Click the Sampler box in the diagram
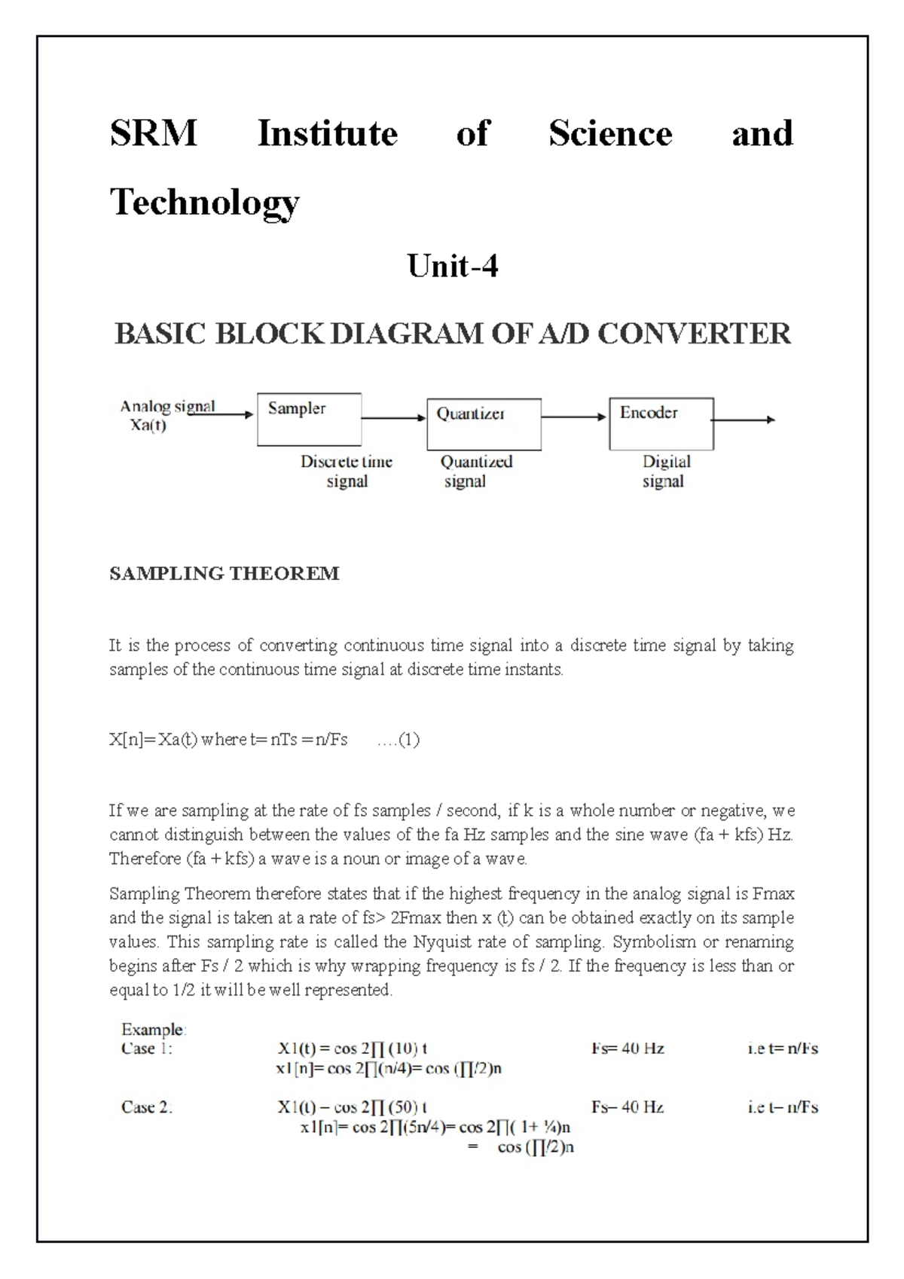[x=309, y=419]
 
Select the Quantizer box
[x=484, y=424]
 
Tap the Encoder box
[x=661, y=423]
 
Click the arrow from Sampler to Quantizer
[x=394, y=417]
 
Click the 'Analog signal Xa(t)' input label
[x=167, y=416]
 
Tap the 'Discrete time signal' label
[x=347, y=472]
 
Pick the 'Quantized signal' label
[x=475, y=472]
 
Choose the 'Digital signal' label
[x=665, y=472]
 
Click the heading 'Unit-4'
[x=452, y=266]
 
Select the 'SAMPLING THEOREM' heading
[x=224, y=574]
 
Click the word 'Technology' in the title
[x=205, y=201]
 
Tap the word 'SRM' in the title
[x=154, y=133]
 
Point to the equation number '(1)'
[x=408, y=740]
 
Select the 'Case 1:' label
[x=147, y=1049]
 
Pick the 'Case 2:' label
[x=147, y=1107]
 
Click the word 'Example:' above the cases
[x=154, y=1029]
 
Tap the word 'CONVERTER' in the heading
[x=694, y=333]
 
